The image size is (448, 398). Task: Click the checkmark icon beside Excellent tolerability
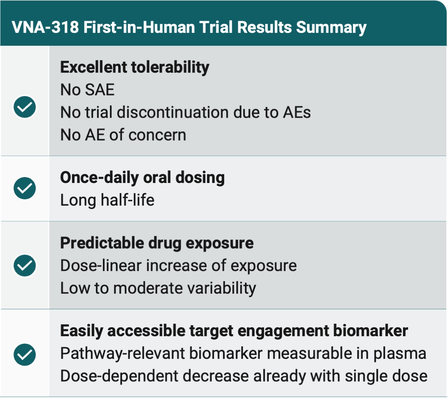click(x=25, y=107)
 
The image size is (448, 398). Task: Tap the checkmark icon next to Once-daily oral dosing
click(x=25, y=188)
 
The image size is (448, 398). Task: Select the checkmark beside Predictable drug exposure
click(x=25, y=265)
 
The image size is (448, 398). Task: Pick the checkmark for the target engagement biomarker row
click(x=25, y=355)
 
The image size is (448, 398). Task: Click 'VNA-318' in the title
click(x=45, y=27)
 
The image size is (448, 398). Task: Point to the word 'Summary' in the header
click(x=331, y=28)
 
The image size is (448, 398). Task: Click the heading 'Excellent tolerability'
click(x=135, y=67)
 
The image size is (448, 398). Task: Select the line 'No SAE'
click(x=87, y=90)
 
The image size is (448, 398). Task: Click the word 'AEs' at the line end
click(x=297, y=112)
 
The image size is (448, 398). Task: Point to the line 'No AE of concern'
click(x=123, y=135)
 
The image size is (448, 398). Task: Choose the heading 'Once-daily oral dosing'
click(x=142, y=177)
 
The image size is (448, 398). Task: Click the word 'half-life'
click(x=128, y=200)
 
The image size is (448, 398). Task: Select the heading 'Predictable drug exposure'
click(x=157, y=243)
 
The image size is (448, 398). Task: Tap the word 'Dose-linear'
click(x=101, y=265)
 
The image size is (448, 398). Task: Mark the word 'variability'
click(x=221, y=288)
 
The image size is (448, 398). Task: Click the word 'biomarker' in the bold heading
click(x=370, y=331)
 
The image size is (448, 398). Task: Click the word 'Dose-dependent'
click(x=119, y=376)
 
